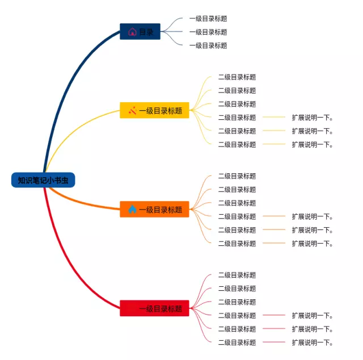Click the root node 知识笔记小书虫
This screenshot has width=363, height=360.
pos(43,180)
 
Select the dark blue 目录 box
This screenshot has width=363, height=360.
pos(140,32)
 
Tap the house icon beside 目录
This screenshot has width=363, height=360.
pos(132,32)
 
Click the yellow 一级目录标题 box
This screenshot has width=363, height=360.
pos(154,110)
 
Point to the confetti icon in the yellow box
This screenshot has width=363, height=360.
pos(132,110)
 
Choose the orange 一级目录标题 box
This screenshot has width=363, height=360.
pos(154,210)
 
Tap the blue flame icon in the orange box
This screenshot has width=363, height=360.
pos(132,209)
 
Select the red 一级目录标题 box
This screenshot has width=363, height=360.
pos(154,308)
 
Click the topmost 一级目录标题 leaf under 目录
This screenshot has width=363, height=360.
pos(208,19)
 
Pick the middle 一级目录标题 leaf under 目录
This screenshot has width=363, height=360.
pos(208,32)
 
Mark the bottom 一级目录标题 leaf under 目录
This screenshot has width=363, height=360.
pos(208,45)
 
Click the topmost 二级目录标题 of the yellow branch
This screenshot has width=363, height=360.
pos(237,77)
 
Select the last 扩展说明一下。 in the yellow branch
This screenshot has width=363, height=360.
pos(313,145)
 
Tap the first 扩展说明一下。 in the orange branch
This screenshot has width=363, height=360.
pos(313,216)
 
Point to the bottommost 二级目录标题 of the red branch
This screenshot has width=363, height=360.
pos(237,342)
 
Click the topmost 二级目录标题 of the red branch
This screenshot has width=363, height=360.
pos(237,275)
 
